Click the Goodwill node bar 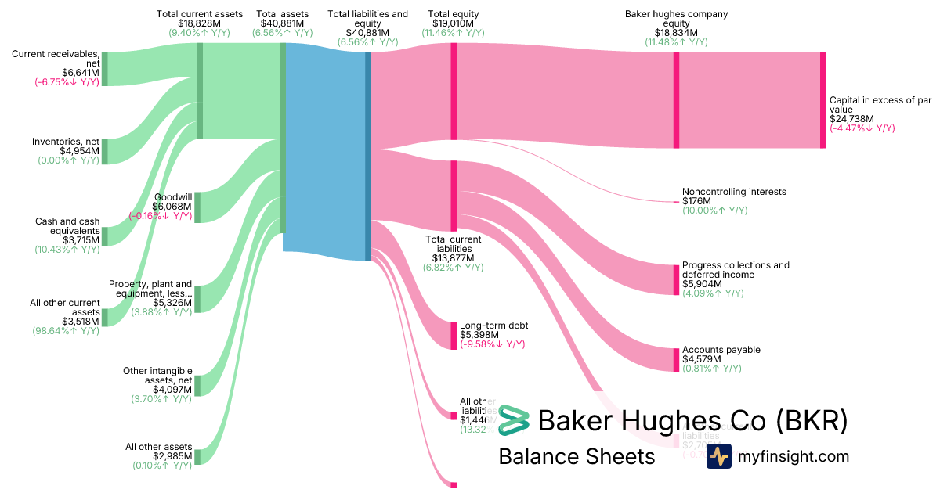197,207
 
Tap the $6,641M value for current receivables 81,73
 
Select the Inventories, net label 66,142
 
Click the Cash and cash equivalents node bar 105,236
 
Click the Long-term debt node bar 453,336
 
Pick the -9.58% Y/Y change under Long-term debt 492,344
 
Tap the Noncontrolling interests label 734,192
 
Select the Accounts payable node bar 676,360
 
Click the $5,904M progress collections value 700,284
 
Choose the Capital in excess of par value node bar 822,100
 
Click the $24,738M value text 851,119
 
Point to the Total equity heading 454,14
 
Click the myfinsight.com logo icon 719,456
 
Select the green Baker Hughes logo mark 514,421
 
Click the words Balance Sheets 577,457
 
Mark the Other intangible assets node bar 197,385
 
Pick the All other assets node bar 197,457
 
